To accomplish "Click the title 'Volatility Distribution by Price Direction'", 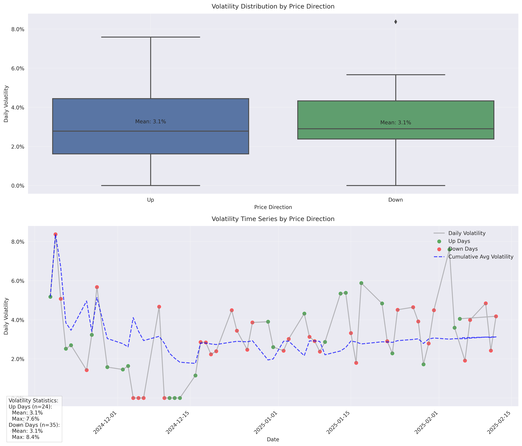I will [273, 7].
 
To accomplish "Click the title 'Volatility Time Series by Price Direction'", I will [273, 219].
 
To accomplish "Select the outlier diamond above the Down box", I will [396, 22].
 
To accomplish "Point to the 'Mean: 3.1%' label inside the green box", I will [396, 123].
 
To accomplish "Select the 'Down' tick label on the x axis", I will [396, 200].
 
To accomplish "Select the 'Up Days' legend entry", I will [459, 241].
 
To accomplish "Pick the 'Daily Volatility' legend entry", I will [466, 233].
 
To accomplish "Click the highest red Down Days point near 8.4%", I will [56, 234].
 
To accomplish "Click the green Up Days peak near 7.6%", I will [449, 249].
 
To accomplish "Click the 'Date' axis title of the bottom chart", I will [273, 439].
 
